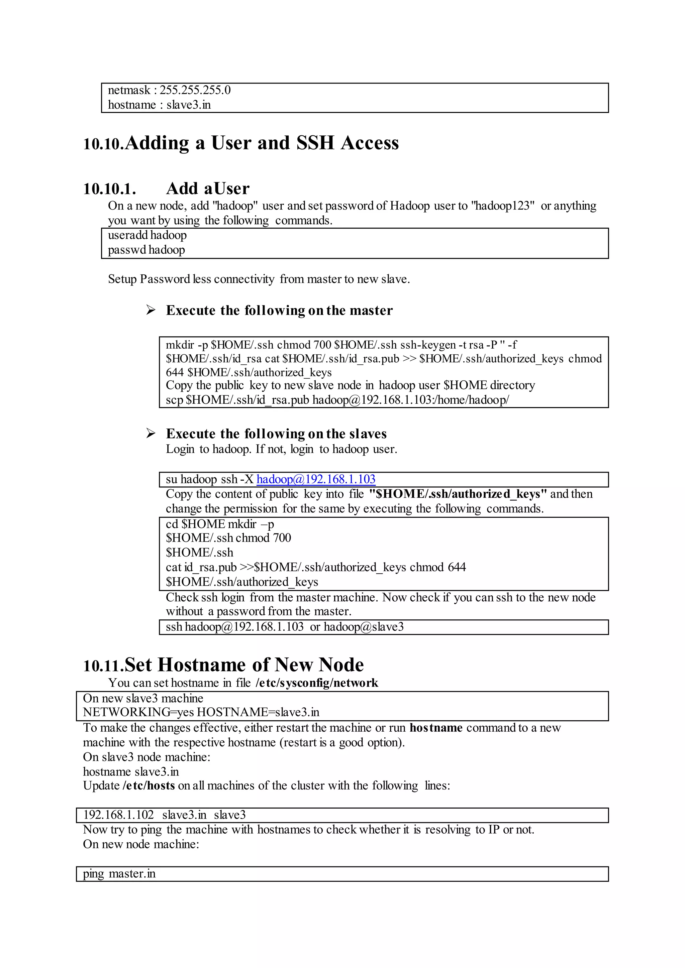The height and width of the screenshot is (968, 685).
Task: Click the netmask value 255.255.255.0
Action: click(x=195, y=90)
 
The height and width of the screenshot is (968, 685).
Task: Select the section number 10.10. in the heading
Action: click(x=103, y=144)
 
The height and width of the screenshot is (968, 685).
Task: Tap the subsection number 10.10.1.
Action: click(x=110, y=189)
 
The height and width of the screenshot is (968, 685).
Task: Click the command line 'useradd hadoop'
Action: click(x=147, y=235)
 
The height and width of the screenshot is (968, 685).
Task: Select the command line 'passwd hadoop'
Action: click(x=146, y=250)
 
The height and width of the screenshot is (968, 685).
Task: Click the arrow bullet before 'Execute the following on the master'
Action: click(x=151, y=310)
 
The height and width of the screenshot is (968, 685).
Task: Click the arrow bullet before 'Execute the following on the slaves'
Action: click(x=151, y=434)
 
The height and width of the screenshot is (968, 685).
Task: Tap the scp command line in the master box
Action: click(x=337, y=400)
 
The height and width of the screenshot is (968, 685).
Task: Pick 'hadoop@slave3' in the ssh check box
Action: click(x=363, y=627)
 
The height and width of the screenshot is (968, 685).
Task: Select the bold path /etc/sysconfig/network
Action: click(x=317, y=683)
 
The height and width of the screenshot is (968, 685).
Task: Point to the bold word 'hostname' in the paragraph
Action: click(x=436, y=728)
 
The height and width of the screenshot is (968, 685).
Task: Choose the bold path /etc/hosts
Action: click(x=149, y=786)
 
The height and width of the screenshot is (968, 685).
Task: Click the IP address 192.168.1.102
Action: click(x=118, y=815)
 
